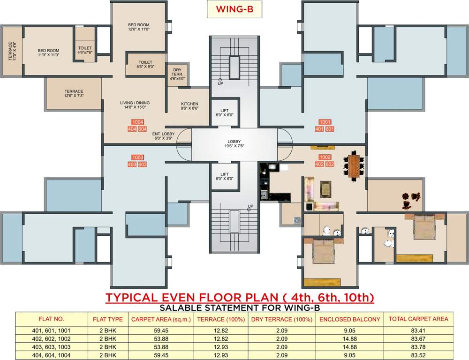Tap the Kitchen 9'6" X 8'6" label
(189, 106)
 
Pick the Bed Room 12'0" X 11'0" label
(139, 27)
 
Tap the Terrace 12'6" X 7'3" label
(74, 94)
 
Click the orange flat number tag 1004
(138, 122)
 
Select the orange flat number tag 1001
(325, 122)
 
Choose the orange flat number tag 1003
(138, 157)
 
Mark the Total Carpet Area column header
(418, 319)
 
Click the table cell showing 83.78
(418, 347)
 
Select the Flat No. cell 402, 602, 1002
(51, 339)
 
